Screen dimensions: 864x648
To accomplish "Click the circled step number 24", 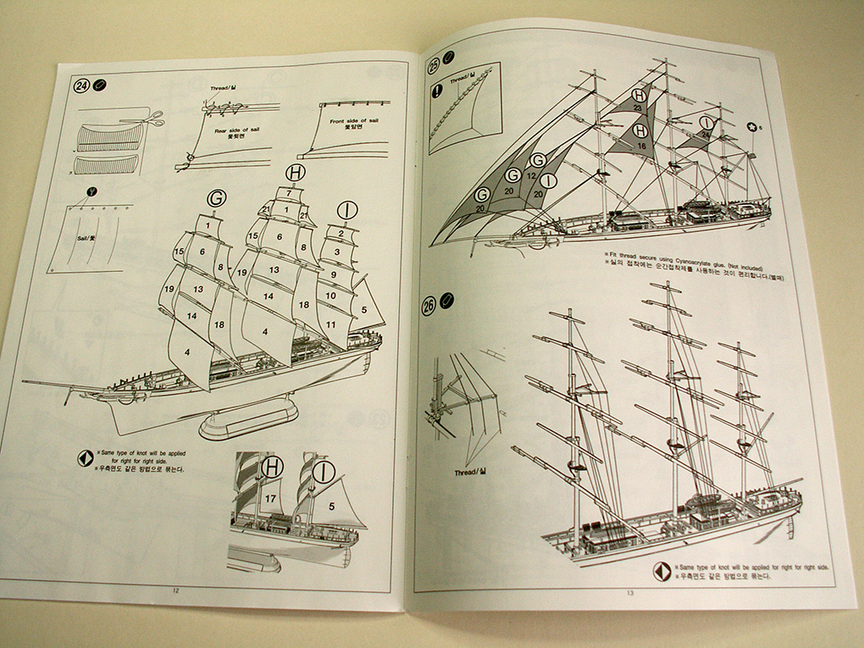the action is point(82,86).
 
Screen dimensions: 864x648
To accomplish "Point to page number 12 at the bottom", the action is point(174,590).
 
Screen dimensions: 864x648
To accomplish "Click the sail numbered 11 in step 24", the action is point(330,324).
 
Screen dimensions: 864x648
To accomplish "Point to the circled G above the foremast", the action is point(217,198).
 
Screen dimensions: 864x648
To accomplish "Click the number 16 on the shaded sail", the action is point(641,146).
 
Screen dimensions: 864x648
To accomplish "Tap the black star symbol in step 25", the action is point(751,127).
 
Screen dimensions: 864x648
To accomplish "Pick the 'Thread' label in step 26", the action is point(466,471).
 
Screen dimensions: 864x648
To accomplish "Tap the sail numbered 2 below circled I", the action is point(341,232).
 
